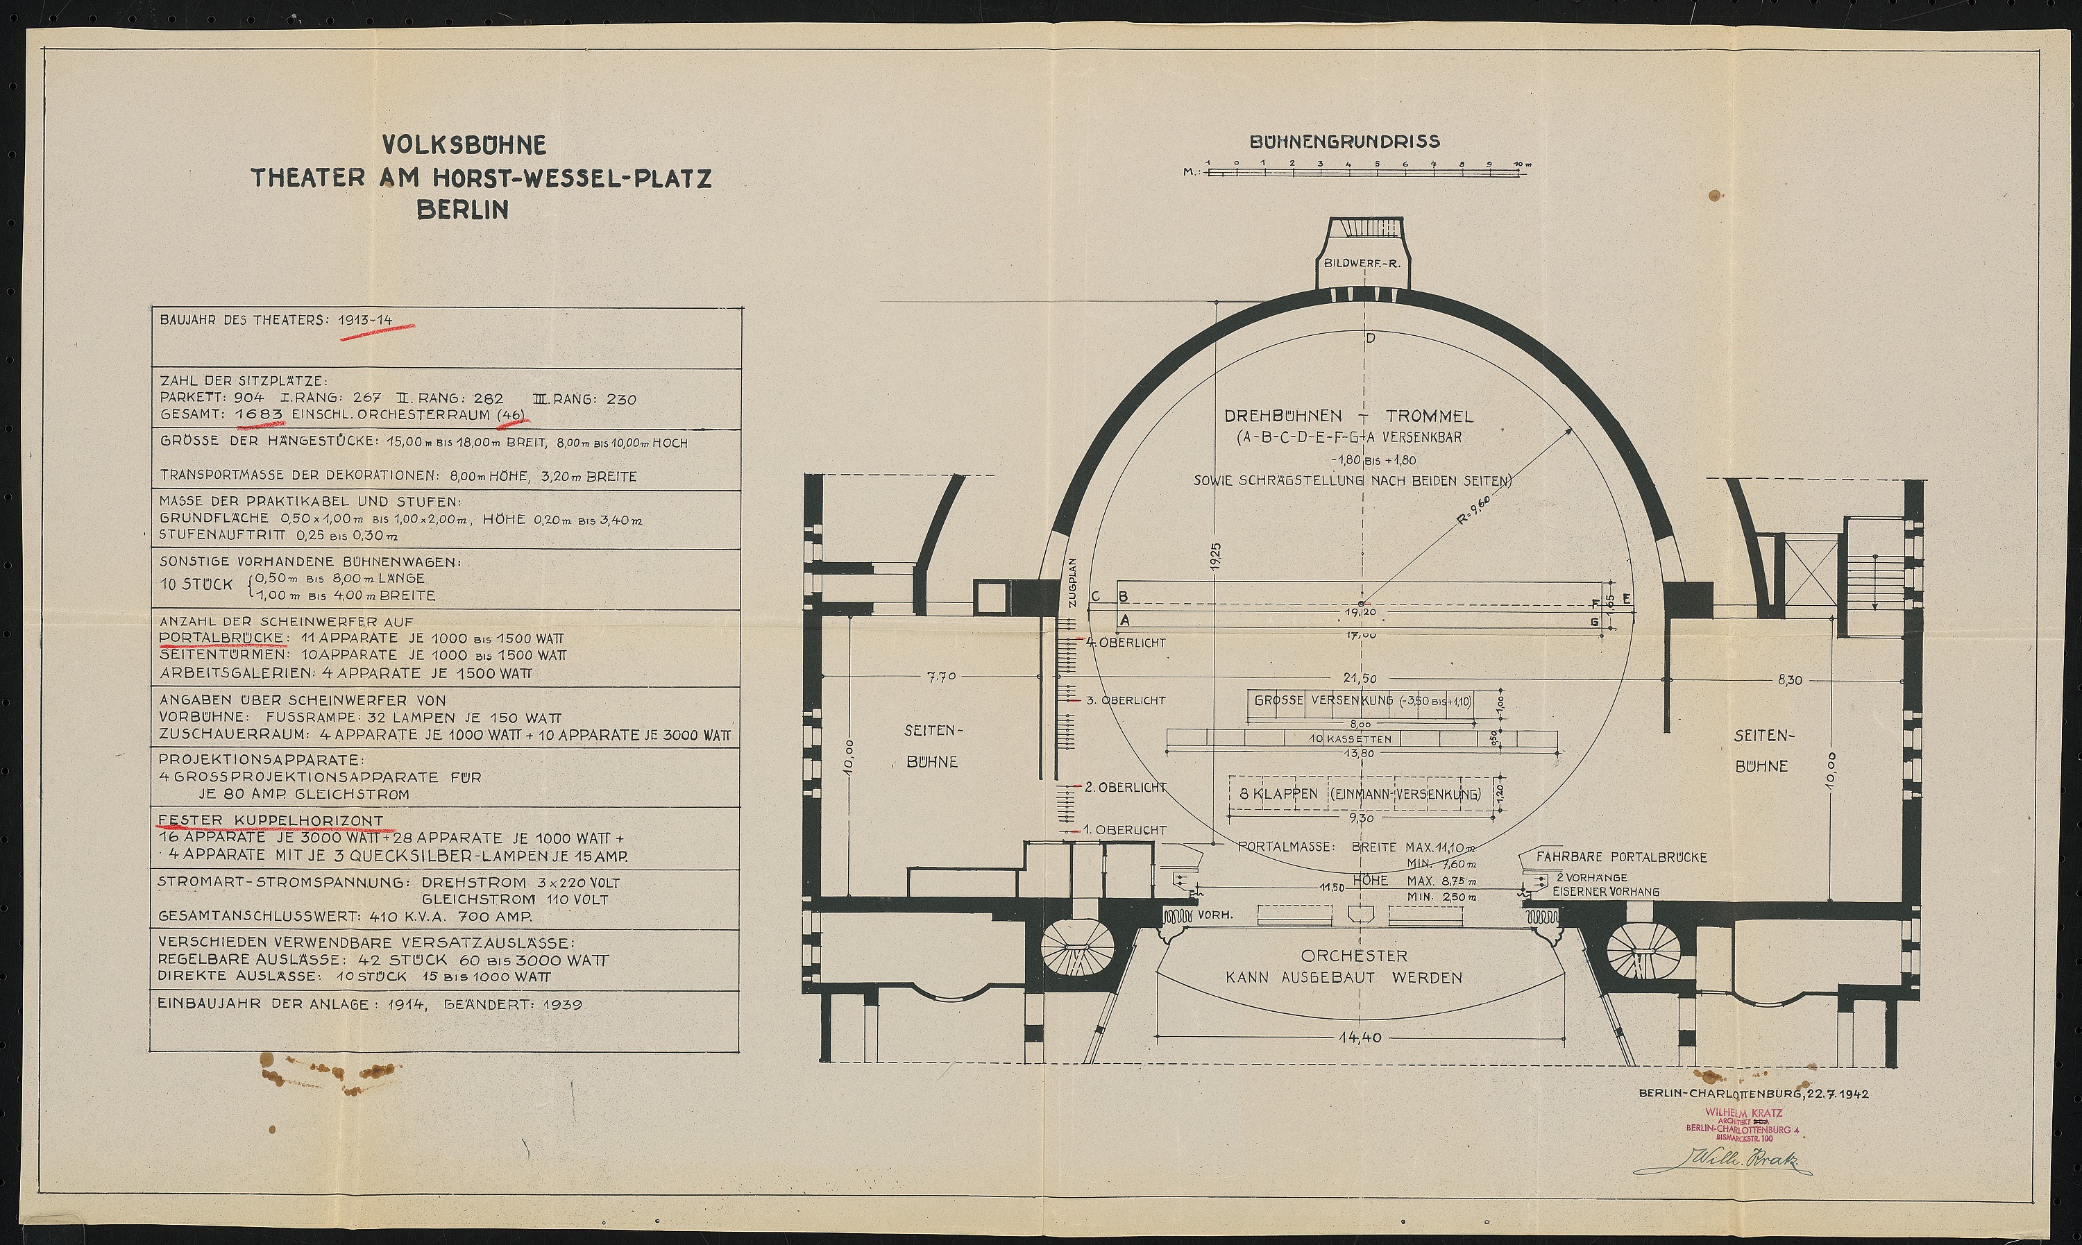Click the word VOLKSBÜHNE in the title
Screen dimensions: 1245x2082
coord(464,145)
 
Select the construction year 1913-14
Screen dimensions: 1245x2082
coord(365,321)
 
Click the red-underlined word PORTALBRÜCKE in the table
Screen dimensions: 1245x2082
coord(222,638)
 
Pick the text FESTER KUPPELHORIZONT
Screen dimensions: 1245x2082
coord(271,820)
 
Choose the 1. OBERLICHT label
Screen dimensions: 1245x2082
coord(1125,830)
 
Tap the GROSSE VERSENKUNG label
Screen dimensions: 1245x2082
coord(1323,700)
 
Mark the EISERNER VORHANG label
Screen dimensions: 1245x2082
coord(1605,892)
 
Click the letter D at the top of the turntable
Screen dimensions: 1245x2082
coord(1371,339)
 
